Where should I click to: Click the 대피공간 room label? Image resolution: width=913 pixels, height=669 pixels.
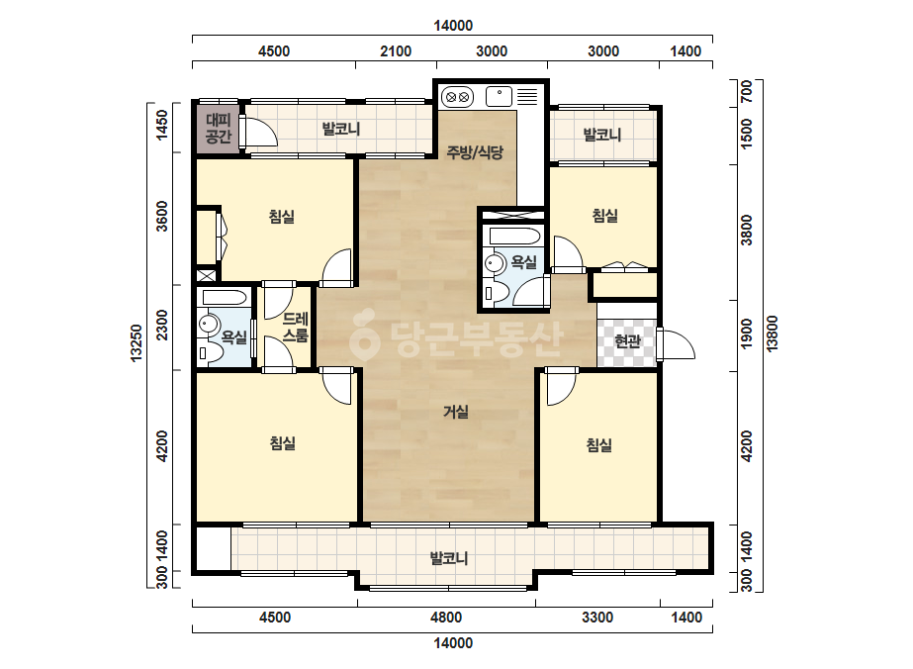coord(219,129)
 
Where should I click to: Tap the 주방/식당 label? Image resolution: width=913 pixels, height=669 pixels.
coord(475,152)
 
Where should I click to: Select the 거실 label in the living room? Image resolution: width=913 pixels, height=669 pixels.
coord(456,412)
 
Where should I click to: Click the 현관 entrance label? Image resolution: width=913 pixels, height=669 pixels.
coord(627,340)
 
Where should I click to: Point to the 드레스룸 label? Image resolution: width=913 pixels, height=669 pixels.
coord(295,328)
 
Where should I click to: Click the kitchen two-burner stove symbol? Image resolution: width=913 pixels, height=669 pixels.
coord(457,97)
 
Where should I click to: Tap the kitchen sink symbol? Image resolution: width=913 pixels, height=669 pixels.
coord(499,96)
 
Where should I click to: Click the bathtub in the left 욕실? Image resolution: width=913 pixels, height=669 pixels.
coord(225,298)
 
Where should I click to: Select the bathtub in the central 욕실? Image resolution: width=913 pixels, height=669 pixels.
coord(515,236)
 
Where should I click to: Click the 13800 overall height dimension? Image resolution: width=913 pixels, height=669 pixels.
coord(773,334)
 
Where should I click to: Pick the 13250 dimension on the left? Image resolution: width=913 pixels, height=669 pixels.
coord(137,343)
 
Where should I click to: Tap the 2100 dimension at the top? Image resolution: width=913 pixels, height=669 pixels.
coord(396,51)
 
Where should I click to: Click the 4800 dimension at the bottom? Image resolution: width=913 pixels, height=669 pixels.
coord(446,618)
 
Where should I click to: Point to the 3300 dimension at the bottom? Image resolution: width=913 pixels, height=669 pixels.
coord(597,618)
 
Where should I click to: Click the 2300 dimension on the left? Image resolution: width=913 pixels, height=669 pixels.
coord(162,325)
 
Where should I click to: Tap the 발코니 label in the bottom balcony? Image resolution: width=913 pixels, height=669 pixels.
coord(449,558)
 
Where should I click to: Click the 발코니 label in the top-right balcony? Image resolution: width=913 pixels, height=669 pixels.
coord(602,135)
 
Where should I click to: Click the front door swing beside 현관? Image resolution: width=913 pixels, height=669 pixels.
coord(676,344)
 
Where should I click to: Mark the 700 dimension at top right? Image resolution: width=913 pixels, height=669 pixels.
coord(747,91)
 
